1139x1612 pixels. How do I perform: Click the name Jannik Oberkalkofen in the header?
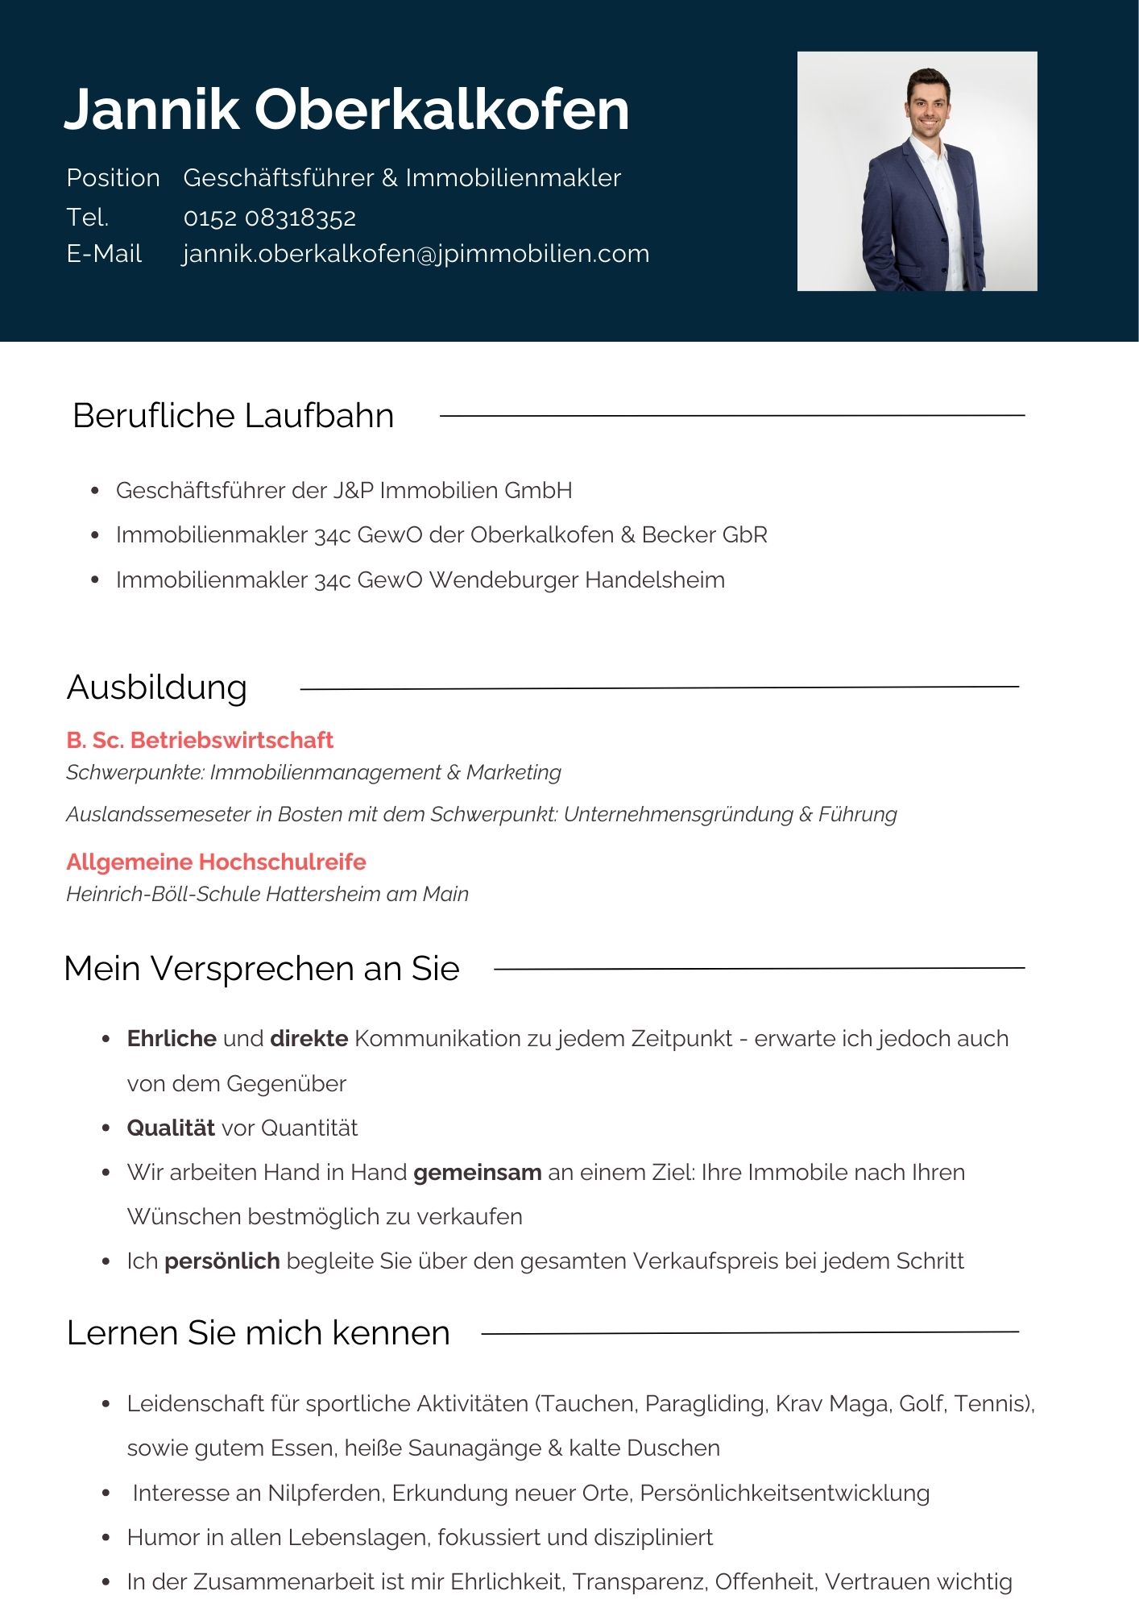tap(346, 109)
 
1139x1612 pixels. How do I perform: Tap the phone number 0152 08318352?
tap(269, 218)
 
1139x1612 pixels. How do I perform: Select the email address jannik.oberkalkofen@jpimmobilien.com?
tap(416, 254)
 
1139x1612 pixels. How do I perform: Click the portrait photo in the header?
tap(917, 171)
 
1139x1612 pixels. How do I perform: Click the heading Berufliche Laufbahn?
tap(233, 416)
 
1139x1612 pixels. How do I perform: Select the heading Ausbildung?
tap(157, 688)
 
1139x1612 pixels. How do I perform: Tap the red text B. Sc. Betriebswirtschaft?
tap(200, 740)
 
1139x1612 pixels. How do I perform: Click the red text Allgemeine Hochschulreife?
tap(216, 862)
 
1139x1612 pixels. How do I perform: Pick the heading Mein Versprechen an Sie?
tap(261, 968)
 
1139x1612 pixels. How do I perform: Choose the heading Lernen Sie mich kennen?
tap(258, 1333)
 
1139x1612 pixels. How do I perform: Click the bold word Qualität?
tap(171, 1128)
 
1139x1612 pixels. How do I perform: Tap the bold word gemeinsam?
tap(477, 1172)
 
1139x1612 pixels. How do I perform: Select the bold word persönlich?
tap(222, 1261)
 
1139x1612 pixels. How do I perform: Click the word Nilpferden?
tap(325, 1493)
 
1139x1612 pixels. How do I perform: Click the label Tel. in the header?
tap(87, 218)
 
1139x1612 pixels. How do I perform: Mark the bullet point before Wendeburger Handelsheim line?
tap(95, 580)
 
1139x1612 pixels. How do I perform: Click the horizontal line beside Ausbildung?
tap(659, 688)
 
